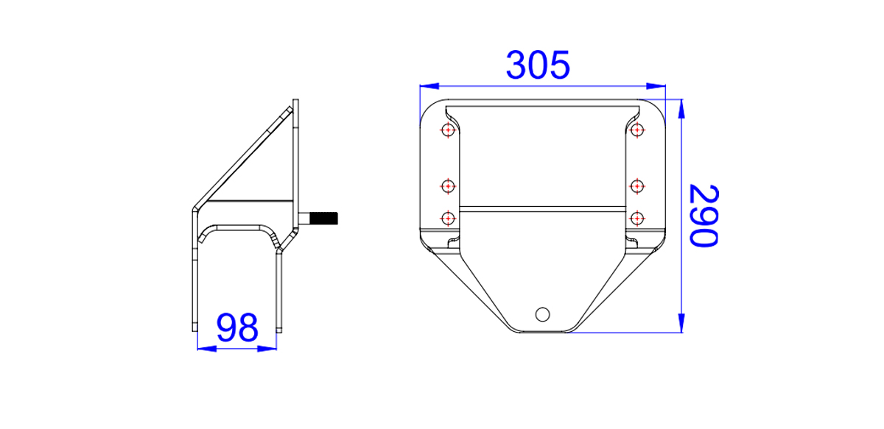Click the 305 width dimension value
click(538, 65)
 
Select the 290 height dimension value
click(704, 216)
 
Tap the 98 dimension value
click(237, 327)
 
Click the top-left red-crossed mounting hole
click(448, 130)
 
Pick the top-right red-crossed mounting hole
click(637, 130)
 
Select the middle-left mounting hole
click(448, 186)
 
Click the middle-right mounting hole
click(637, 186)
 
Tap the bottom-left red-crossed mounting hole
click(448, 218)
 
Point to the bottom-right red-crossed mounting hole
click(637, 218)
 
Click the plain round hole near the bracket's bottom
click(543, 314)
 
